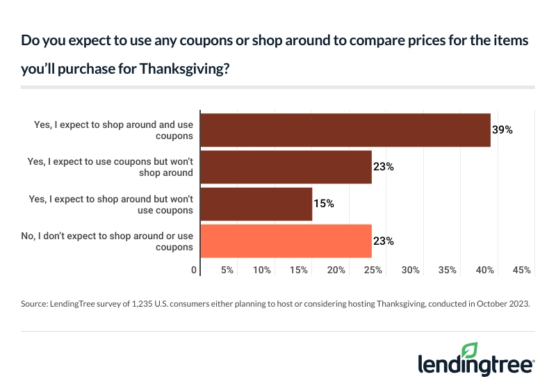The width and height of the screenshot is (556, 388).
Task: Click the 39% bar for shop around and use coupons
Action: [x=345, y=130]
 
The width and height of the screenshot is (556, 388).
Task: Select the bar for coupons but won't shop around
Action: [x=286, y=167]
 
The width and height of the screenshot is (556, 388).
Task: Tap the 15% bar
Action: [x=256, y=204]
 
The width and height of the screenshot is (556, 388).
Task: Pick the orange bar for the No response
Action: [x=286, y=241]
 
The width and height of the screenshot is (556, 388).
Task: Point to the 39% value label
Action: [x=502, y=130]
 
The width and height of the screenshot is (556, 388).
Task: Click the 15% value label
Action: [x=325, y=204]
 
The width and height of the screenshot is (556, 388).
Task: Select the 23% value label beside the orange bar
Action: [x=384, y=241]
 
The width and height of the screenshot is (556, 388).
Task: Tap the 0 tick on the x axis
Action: [x=194, y=270]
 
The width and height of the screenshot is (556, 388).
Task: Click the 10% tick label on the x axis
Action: [x=262, y=270]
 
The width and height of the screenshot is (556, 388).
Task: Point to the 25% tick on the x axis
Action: [x=373, y=270]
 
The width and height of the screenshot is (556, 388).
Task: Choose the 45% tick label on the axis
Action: [x=522, y=270]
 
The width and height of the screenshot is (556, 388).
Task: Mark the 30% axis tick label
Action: [x=411, y=270]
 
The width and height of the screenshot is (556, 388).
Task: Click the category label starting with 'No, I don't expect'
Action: [x=107, y=241]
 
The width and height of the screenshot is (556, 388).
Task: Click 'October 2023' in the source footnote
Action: [x=505, y=304]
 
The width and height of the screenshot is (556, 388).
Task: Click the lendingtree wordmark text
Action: [x=475, y=366]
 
